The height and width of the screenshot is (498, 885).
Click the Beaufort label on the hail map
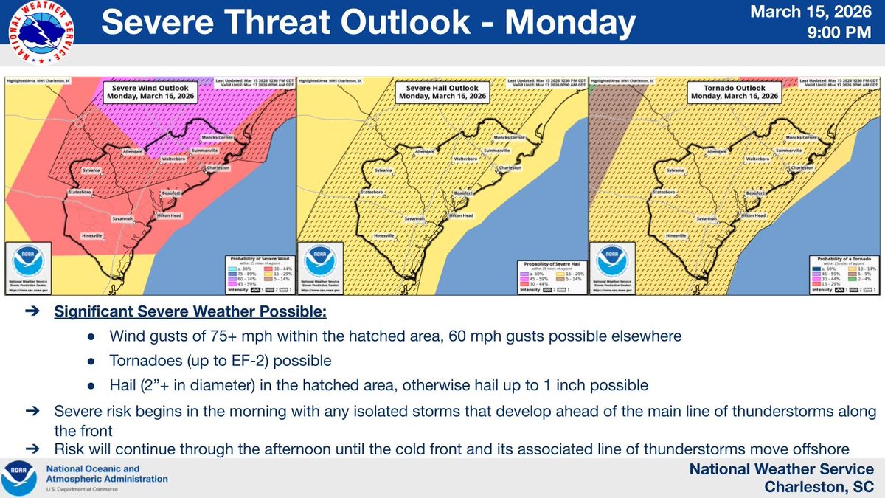tap(462, 191)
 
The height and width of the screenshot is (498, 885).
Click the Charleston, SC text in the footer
tap(819, 486)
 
